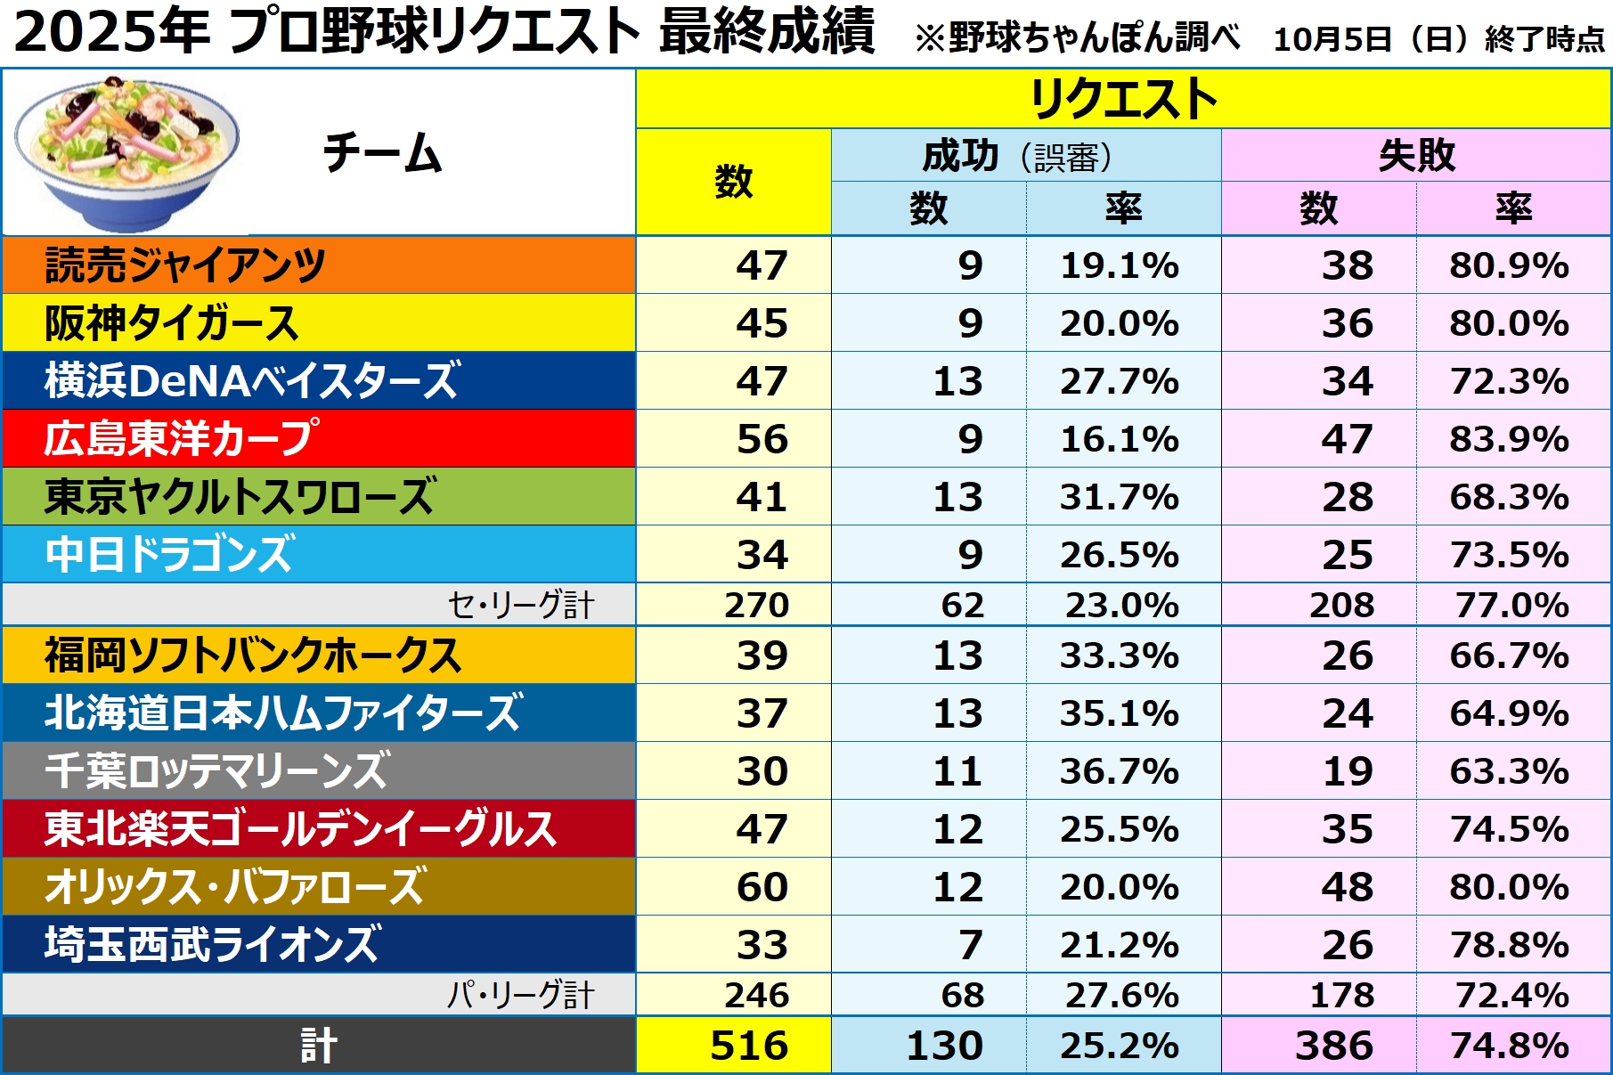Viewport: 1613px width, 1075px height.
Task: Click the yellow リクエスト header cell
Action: click(1122, 98)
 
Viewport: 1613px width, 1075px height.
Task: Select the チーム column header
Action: click(381, 153)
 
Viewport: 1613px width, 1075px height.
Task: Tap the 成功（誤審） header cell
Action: click(1024, 156)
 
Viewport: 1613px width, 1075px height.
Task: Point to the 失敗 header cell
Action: click(1416, 156)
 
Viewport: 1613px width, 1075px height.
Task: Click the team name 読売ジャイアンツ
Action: click(185, 265)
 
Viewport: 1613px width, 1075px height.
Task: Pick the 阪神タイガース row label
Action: click(171, 323)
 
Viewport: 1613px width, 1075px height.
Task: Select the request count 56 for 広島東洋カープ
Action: click(762, 439)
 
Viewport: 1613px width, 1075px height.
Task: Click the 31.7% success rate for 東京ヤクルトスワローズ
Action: click(1120, 497)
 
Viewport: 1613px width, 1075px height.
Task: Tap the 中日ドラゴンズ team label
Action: click(169, 555)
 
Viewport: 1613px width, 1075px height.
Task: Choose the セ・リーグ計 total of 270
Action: click(756, 605)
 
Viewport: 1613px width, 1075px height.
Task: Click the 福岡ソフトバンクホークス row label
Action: click(253, 656)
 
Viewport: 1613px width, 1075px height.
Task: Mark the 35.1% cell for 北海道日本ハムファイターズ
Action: click(1120, 713)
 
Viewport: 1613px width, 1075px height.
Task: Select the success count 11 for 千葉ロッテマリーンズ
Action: click(957, 771)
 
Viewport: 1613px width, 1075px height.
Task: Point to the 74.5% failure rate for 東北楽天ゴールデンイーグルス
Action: click(1509, 829)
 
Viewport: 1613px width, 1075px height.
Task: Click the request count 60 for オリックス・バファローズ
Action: click(762, 887)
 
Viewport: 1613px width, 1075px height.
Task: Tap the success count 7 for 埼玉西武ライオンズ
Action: click(970, 945)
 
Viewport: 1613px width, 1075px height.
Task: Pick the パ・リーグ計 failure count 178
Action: click(1341, 995)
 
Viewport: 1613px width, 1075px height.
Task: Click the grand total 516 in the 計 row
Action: click(749, 1046)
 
